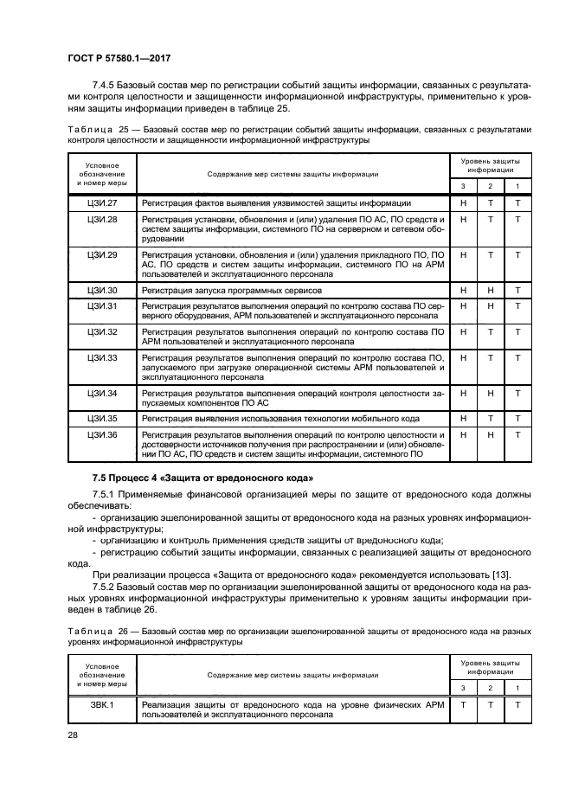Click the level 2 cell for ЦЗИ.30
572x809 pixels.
pyautogui.click(x=490, y=290)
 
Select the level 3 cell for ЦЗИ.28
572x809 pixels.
pyautogui.click(x=464, y=220)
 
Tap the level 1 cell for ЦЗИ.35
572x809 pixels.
pyautogui.click(x=517, y=418)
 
